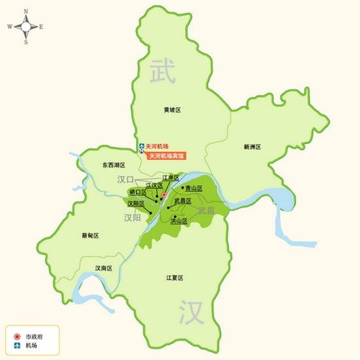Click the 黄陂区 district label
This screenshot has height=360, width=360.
tap(172, 110)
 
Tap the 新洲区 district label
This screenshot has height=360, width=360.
tap(252, 147)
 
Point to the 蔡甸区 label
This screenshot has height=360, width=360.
tap(90, 235)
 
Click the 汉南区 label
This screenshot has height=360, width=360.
tap(104, 268)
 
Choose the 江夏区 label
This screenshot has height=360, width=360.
tap(175, 278)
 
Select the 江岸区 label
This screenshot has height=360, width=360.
tap(170, 176)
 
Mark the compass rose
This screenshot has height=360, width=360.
tap(26, 27)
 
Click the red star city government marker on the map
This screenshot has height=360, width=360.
tap(163, 195)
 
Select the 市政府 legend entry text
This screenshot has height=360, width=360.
tap(34, 336)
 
